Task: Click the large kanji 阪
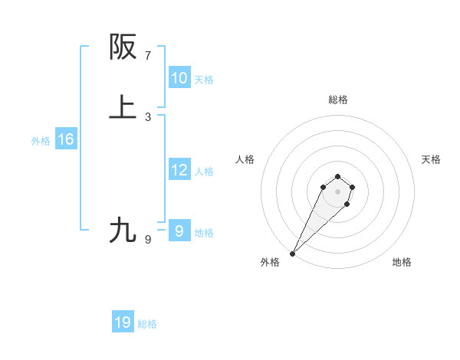(123, 47)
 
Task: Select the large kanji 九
(123, 231)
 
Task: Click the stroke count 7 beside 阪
(148, 56)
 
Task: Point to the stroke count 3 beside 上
(148, 117)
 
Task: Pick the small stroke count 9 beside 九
(148, 240)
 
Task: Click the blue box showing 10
(179, 78)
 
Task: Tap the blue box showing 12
(179, 170)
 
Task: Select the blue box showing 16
(65, 139)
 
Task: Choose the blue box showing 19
(123, 322)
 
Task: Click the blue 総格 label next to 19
(147, 325)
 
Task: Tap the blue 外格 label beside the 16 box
(41, 141)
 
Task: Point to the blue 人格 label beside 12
(205, 172)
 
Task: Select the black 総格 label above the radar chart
(338, 100)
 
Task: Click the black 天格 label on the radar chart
(431, 159)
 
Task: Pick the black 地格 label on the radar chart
(402, 263)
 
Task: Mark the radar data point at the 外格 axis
(293, 253)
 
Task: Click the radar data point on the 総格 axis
(338, 175)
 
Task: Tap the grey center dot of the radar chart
(338, 191)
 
